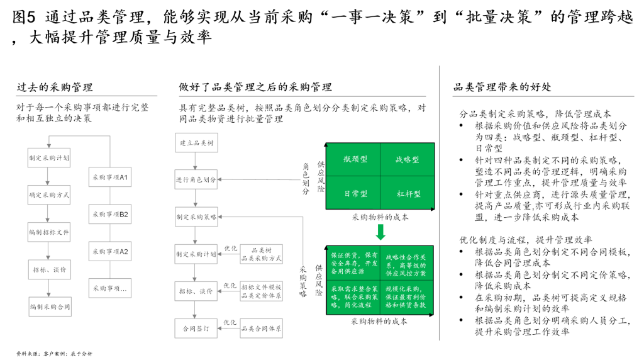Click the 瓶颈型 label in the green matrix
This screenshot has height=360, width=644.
[x=355, y=159]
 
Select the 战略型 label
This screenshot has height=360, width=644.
[x=407, y=160]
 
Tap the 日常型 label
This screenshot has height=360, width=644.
[x=355, y=194]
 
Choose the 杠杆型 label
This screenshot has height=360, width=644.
[x=409, y=194]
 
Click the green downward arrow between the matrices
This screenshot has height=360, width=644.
[x=380, y=232]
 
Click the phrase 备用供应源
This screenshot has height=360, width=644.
[x=348, y=271]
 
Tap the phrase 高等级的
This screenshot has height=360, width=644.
[x=414, y=265]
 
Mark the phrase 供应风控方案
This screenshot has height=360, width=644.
[x=406, y=273]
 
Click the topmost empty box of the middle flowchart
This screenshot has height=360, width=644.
[x=196, y=142]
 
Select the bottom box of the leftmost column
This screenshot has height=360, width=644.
[x=50, y=307]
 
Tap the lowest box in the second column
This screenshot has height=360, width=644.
[x=110, y=288]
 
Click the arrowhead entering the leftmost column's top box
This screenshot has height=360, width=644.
[x=49, y=145]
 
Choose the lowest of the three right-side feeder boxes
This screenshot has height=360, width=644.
[x=261, y=328]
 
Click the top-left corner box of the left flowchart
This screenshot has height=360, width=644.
[x=49, y=157]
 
